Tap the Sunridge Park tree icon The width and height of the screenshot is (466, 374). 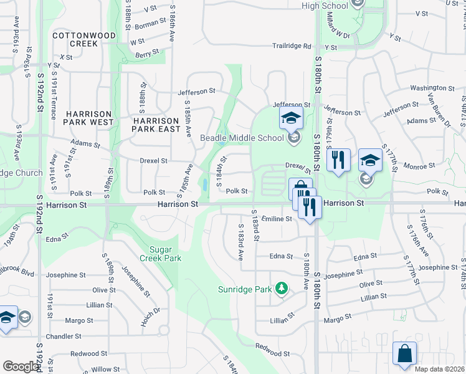pyautogui.click(x=282, y=289)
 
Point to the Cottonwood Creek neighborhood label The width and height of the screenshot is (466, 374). pyautogui.click(x=84, y=40)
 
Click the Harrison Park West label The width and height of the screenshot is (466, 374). pyautogui.click(x=90, y=118)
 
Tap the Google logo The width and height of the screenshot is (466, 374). pyautogui.click(x=20, y=367)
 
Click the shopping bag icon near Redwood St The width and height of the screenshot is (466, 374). pyautogui.click(x=404, y=353)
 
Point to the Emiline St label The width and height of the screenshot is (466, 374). pyautogui.click(x=277, y=219)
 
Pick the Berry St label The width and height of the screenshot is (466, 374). pyautogui.click(x=143, y=55)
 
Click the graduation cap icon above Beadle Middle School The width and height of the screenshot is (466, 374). pyautogui.click(x=290, y=117)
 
